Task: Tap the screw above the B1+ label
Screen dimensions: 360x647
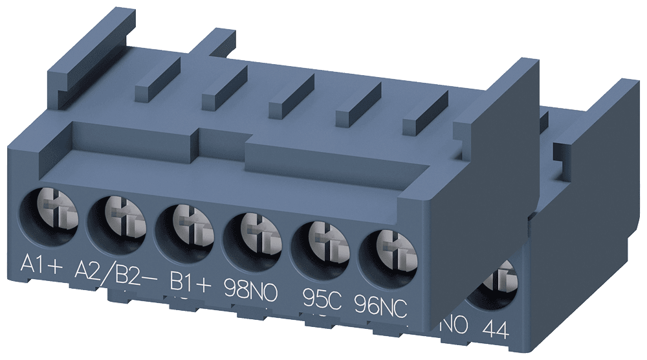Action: point(184,224)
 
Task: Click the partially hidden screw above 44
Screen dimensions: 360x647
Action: point(496,285)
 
